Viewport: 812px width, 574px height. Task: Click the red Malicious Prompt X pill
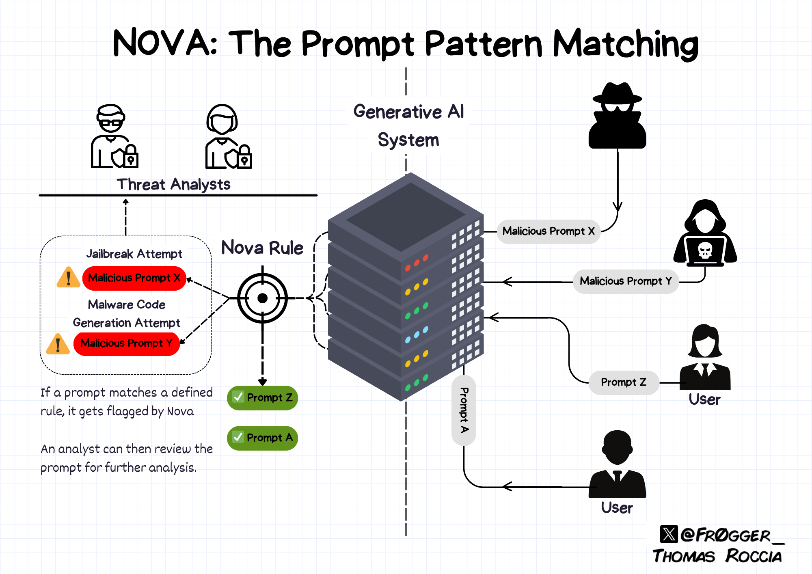tap(134, 278)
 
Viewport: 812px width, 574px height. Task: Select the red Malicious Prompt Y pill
tap(127, 343)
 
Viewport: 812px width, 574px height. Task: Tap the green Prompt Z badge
tap(262, 398)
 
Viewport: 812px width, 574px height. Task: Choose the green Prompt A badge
tap(262, 438)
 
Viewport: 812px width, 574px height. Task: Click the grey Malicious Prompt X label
tap(549, 231)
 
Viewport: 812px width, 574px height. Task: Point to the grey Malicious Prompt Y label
tap(626, 281)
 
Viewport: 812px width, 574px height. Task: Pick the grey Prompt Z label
tap(624, 382)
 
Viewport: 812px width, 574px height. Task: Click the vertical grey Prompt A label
tap(464, 410)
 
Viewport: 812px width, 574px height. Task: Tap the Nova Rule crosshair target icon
tap(263, 298)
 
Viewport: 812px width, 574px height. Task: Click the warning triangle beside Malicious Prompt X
tap(69, 277)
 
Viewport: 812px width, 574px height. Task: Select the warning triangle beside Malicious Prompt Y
tap(58, 344)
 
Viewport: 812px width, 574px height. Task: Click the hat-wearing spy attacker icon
tap(617, 116)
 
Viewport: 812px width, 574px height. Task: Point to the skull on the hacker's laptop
tap(705, 250)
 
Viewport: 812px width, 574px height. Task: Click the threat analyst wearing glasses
tap(114, 136)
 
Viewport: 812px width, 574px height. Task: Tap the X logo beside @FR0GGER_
tap(669, 534)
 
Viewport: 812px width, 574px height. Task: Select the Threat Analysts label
tap(174, 185)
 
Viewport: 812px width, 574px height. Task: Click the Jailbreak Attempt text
tap(134, 254)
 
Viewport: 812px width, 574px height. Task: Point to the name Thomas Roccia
tap(717, 556)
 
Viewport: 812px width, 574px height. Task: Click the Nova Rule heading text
tap(262, 248)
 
